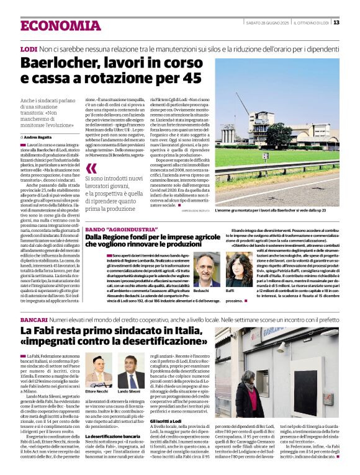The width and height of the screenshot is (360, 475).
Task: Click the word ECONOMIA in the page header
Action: coord(60,25)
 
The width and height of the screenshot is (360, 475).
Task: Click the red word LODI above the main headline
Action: coord(29,48)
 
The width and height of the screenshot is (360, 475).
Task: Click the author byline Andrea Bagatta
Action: coord(40,136)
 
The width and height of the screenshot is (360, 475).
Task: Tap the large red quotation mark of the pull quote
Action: coord(91,169)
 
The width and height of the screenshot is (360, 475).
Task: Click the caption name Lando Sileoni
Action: coord(130,392)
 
